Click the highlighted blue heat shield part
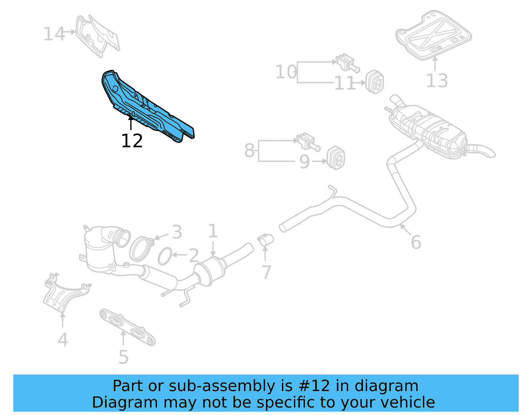tap(146, 106)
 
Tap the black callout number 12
tap(132, 141)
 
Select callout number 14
tap(54, 34)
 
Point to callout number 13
tap(437, 81)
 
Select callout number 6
tap(416, 242)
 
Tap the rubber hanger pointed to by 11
tap(375, 82)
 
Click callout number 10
tap(286, 72)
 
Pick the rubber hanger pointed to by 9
tap(336, 157)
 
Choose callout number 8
tap(249, 150)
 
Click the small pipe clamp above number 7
tap(266, 239)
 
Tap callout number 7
tap(266, 272)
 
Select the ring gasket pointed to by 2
tap(165, 256)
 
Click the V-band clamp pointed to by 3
tap(140, 248)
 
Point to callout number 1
tap(213, 231)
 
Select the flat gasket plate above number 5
tap(127, 327)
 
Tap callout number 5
tap(123, 357)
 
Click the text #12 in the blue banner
tap(314, 386)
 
